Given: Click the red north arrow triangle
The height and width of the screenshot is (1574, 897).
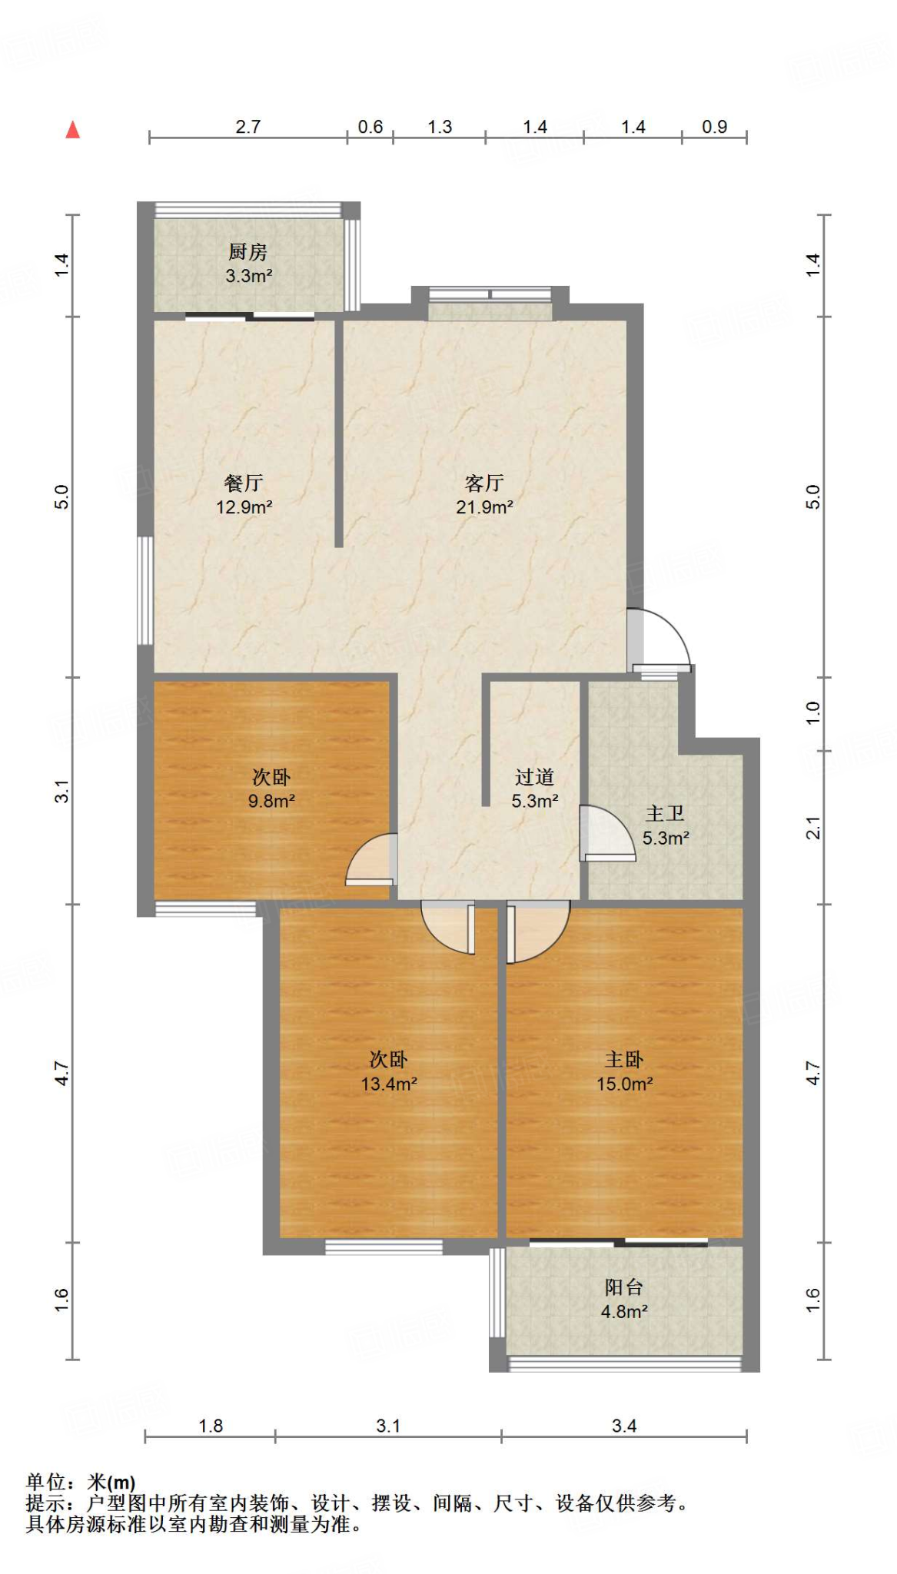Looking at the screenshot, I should (x=73, y=130).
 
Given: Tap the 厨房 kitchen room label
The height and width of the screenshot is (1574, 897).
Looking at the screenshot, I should (x=248, y=252).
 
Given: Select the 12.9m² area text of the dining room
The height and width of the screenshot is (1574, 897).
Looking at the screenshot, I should (x=244, y=507).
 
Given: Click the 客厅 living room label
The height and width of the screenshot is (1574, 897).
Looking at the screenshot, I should (x=484, y=483).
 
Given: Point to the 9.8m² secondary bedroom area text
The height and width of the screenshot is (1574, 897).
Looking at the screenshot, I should (x=271, y=801).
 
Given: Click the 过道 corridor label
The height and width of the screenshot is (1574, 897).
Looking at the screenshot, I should (x=534, y=777).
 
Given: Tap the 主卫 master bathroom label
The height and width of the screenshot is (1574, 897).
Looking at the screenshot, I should (x=665, y=813).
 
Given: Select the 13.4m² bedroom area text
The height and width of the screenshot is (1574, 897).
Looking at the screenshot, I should (x=389, y=1084).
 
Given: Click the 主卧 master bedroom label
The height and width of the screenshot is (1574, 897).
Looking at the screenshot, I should (x=623, y=1060).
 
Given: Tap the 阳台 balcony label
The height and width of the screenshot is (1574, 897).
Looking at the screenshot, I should (x=623, y=1287).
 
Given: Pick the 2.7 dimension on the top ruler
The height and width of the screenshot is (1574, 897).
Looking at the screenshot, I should (x=248, y=127).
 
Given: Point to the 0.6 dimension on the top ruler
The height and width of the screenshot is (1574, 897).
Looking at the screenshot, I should (x=370, y=127).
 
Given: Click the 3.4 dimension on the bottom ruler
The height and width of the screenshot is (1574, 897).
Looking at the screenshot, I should (x=623, y=1426).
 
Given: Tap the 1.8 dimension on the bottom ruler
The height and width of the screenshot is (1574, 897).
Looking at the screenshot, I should (x=210, y=1426).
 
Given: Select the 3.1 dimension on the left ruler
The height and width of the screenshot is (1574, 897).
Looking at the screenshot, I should (x=61, y=791).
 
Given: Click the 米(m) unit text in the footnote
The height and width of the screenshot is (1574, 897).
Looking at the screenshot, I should (x=111, y=1482).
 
